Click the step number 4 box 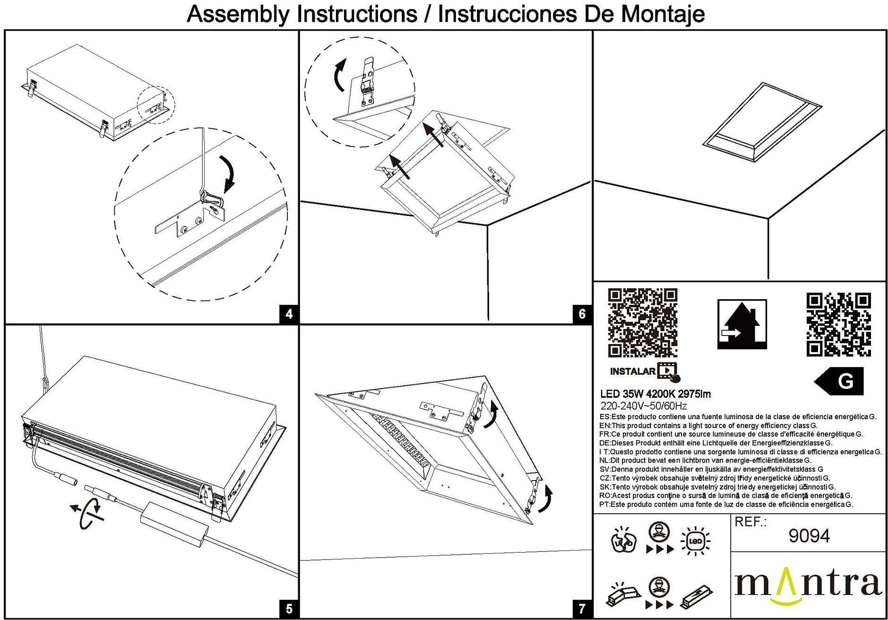289,314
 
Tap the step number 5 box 289,609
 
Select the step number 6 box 582,314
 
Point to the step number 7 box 582,609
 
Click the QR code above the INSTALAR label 642,323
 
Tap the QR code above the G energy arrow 838,325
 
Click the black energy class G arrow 840,381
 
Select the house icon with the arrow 741,324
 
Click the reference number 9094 809,536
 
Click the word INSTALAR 632,371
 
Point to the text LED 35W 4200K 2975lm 655,394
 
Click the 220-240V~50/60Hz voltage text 643,406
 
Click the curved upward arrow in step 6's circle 339,76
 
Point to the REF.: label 750,522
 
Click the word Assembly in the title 237,14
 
